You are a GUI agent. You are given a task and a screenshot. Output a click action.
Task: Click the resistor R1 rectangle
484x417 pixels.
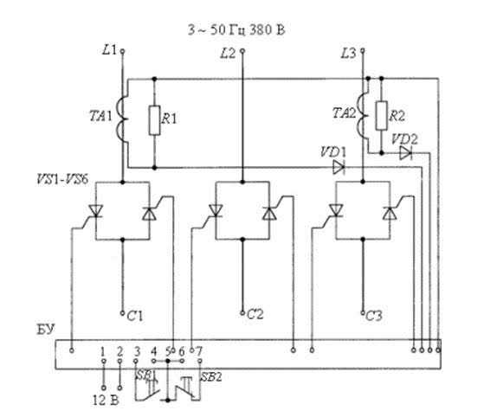pyautogui.click(x=154, y=120)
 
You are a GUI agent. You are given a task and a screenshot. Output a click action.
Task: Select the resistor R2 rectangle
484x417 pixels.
pyautogui.click(x=382, y=115)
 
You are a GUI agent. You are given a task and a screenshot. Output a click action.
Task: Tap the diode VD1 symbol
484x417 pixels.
pyautogui.click(x=339, y=168)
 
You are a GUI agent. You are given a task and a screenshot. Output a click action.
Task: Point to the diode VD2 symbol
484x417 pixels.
pyautogui.click(x=405, y=153)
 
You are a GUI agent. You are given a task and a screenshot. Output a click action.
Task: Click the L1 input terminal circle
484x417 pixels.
pyautogui.click(x=122, y=51)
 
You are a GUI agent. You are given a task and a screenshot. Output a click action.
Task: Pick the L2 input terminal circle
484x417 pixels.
pyautogui.click(x=242, y=51)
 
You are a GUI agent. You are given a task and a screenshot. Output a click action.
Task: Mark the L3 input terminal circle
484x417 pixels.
pyautogui.click(x=363, y=51)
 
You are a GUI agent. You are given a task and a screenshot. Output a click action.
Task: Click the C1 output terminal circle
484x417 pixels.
pyautogui.click(x=122, y=313)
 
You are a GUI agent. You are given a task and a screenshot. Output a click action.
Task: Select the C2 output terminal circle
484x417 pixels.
pyautogui.click(x=242, y=313)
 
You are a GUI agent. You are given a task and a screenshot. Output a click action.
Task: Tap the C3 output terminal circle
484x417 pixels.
pyautogui.click(x=363, y=313)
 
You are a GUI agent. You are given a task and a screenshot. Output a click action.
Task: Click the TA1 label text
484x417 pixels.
pyautogui.click(x=100, y=116)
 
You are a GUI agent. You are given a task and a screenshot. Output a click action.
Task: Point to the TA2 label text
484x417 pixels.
pyautogui.click(x=344, y=112)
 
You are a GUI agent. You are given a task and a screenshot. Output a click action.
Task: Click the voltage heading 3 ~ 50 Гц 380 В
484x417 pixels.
pyautogui.click(x=236, y=30)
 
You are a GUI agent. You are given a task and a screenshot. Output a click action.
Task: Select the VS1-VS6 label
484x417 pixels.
pyautogui.click(x=62, y=179)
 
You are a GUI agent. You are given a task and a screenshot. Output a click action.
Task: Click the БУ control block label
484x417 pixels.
pyautogui.click(x=45, y=330)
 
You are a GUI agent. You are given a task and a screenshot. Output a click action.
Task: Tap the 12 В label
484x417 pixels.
pyautogui.click(x=106, y=401)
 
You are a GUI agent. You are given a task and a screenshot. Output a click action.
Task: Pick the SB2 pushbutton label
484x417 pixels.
pyautogui.click(x=211, y=376)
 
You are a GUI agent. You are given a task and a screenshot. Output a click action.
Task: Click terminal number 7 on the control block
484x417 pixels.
pyautogui.click(x=199, y=351)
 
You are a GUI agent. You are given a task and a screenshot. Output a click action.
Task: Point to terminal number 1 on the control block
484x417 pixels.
pyautogui.click(x=103, y=351)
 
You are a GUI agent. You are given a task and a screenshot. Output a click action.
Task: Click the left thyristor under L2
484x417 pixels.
pyautogui.click(x=216, y=211)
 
